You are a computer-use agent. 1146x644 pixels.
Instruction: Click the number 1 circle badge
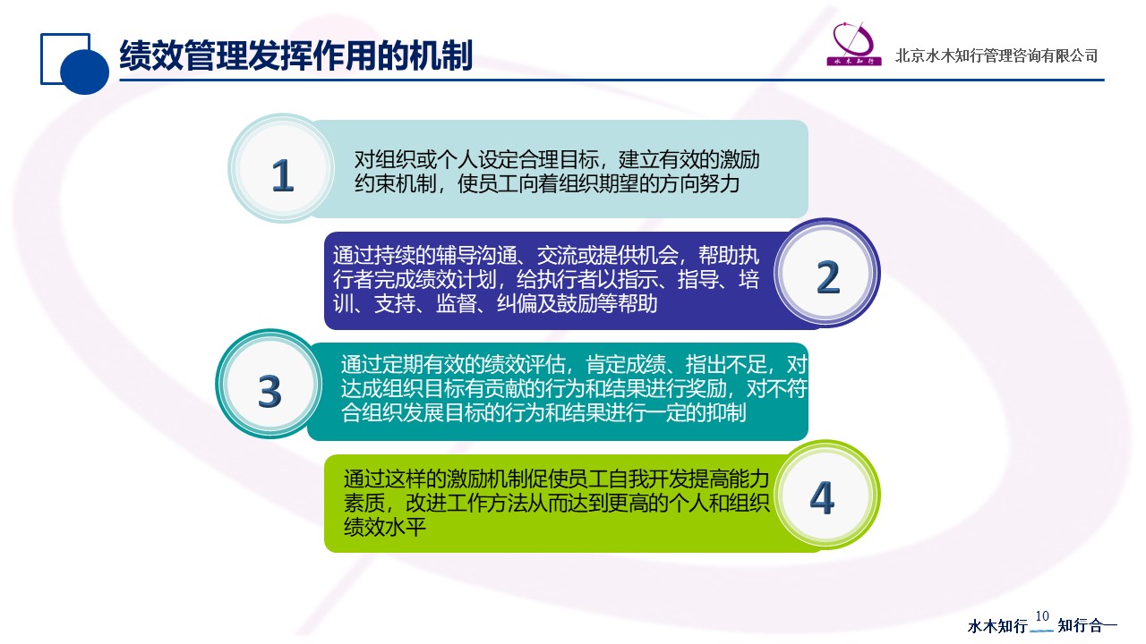(281, 169)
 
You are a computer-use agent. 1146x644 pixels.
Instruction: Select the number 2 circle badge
(826, 273)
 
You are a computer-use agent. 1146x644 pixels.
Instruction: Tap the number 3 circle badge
(269, 384)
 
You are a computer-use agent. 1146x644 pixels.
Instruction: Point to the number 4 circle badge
(826, 495)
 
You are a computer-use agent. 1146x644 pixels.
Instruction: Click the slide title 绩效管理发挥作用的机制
(295, 55)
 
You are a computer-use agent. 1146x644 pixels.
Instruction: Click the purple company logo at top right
(854, 44)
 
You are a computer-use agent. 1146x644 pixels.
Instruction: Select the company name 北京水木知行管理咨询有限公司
(996, 55)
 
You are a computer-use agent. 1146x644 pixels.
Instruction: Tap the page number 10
(1042, 616)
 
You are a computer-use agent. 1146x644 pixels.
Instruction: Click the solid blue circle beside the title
(84, 71)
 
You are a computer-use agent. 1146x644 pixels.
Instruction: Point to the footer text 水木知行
(997, 625)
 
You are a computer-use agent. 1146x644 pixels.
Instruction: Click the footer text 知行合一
(1087, 625)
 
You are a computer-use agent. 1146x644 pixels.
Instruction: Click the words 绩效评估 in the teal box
(525, 364)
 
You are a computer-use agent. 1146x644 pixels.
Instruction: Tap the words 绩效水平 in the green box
(385, 527)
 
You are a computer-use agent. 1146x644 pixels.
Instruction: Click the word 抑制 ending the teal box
(726, 412)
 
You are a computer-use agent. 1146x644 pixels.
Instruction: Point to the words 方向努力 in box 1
(699, 183)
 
